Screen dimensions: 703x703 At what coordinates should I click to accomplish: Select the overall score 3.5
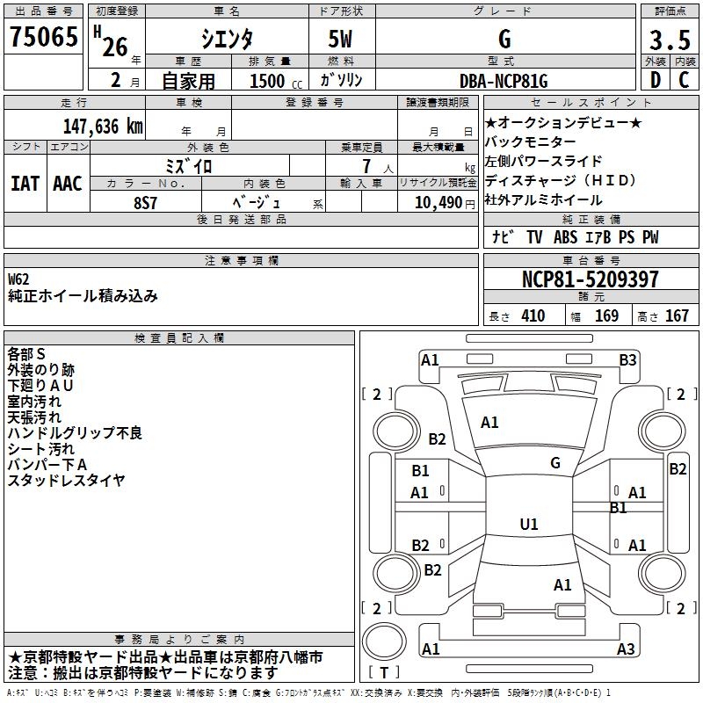tap(668, 40)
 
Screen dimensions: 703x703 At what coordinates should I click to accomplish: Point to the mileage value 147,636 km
tap(103, 126)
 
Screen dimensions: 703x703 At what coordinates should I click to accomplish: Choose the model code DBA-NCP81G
tap(504, 82)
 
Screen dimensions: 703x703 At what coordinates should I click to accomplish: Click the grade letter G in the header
tap(504, 40)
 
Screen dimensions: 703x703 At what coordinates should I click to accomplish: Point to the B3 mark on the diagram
tap(627, 359)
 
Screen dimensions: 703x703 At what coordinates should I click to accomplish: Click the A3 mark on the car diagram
tap(626, 649)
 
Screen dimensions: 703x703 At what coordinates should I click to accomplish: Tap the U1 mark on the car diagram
tap(529, 524)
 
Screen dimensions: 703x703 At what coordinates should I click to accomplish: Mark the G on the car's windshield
tap(555, 463)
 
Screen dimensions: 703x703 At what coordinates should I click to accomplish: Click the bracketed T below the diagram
tap(385, 673)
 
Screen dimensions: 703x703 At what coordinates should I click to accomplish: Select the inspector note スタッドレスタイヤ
tap(67, 480)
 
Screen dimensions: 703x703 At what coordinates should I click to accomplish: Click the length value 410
tap(533, 316)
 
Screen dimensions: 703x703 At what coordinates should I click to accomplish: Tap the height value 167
tap(677, 316)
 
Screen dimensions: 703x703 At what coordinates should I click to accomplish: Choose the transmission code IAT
tap(25, 184)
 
